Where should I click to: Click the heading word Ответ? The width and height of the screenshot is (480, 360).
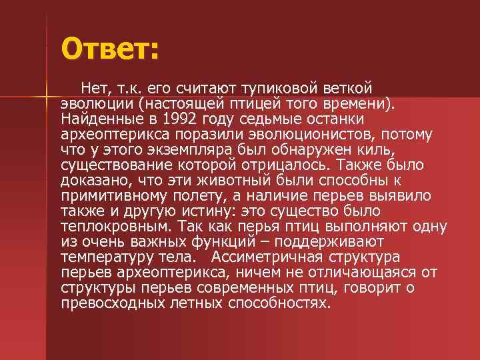point(110,49)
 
